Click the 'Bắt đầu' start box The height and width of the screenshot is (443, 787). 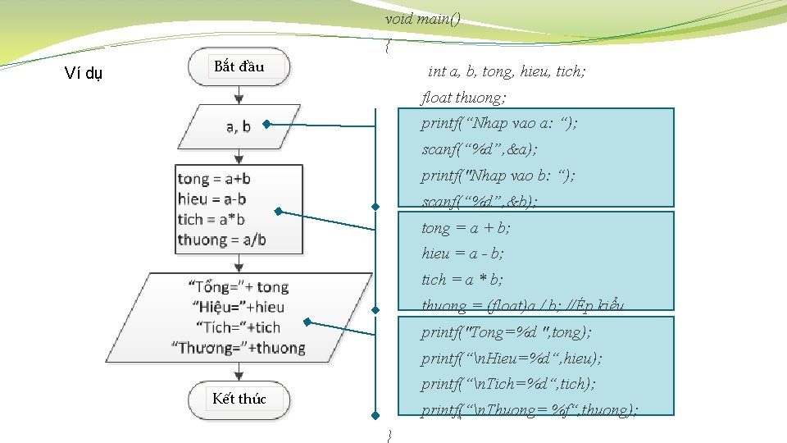239,67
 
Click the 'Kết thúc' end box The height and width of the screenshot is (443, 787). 239,400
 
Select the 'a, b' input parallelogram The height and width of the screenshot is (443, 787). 239,126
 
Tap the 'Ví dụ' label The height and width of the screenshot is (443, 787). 84,74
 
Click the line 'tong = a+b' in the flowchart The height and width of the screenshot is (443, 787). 214,179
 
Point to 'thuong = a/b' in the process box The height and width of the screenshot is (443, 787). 221,240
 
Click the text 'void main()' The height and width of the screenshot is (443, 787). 422,19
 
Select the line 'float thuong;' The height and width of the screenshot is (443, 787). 463,98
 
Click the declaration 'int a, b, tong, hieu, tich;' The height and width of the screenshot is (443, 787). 507,71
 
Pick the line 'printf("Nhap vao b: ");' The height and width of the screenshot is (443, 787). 498,176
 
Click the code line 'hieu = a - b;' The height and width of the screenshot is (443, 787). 462,253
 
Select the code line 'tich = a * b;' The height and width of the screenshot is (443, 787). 462,280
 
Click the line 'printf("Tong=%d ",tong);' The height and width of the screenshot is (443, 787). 506,332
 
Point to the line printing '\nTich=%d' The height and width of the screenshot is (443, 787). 508,384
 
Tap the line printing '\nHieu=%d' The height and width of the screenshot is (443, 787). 511,359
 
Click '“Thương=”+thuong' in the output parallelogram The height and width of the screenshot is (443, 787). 239,348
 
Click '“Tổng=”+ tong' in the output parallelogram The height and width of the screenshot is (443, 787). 239,286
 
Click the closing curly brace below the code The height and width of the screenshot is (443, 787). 389,434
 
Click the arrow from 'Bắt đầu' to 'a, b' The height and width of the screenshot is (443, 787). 239,94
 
